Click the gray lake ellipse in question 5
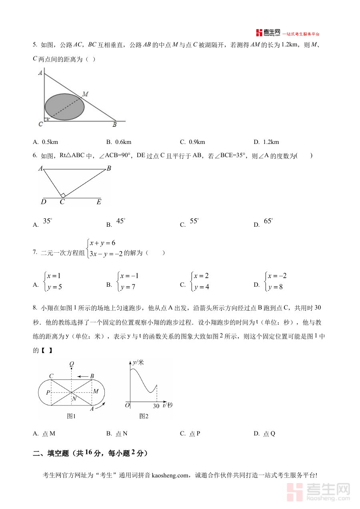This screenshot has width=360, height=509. pyautogui.click(x=64, y=107)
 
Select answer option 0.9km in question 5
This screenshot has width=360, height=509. pyautogui.click(x=193, y=142)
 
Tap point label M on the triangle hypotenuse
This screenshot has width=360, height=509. pyautogui.click(x=85, y=94)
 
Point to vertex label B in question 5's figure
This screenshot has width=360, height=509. pyautogui.click(x=114, y=125)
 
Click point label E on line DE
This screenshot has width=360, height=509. pyautogui.click(x=99, y=202)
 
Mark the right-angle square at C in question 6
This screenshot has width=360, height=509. pyautogui.click(x=63, y=196)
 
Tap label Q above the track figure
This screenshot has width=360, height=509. pyautogui.click(x=72, y=364)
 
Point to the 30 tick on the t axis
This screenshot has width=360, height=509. pyautogui.click(x=156, y=406)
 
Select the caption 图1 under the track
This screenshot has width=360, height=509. pyautogui.click(x=71, y=416)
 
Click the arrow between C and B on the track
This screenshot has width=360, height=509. pyautogui.click(x=83, y=376)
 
